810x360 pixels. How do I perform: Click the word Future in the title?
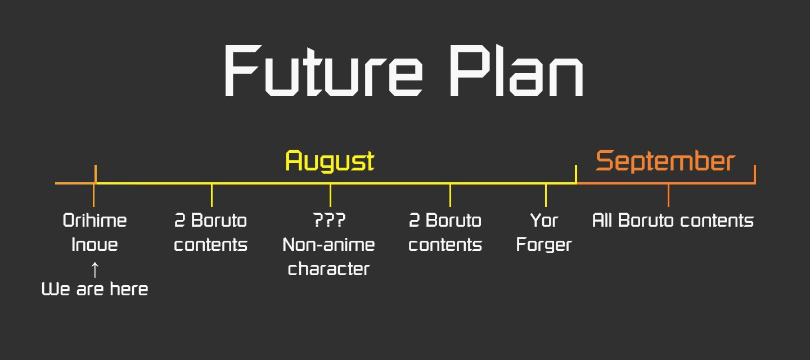323,70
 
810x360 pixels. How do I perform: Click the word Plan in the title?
516,70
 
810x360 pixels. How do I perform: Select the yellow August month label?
330,161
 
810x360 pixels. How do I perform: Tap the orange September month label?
665,161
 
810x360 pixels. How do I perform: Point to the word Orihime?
94,220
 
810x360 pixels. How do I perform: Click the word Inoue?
94,245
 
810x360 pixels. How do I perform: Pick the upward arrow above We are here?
94,269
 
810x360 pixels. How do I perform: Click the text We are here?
94,289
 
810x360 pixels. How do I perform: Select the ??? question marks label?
329,220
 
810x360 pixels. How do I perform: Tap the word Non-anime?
328,245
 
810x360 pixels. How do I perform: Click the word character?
328,269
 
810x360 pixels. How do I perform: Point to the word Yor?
544,220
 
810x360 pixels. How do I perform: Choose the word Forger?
544,245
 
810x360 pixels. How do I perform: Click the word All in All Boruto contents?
602,220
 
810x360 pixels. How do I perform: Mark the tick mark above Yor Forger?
546,195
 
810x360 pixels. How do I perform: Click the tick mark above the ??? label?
330,195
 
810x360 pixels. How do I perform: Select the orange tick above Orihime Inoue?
93,195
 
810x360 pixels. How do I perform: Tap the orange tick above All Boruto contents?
668,195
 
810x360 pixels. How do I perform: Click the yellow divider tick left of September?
576,174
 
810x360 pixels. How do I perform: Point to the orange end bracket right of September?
755,174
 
